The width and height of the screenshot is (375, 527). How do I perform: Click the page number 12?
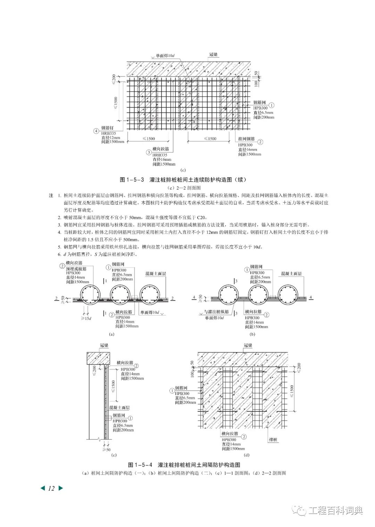(x=51, y=488)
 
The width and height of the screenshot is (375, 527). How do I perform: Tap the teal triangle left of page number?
(x=43, y=488)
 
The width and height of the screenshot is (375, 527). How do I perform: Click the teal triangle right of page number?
(x=61, y=488)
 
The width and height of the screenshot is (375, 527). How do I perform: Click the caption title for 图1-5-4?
(x=184, y=465)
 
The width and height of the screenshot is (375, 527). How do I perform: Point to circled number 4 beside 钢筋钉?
(x=96, y=131)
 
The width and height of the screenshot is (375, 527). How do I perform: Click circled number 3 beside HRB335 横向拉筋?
(x=149, y=152)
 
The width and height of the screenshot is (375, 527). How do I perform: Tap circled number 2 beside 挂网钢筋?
(x=260, y=142)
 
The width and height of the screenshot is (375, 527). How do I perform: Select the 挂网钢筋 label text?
(x=246, y=139)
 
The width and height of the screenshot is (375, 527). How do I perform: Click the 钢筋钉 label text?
(x=107, y=128)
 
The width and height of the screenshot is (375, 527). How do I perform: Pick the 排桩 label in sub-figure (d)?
(x=274, y=440)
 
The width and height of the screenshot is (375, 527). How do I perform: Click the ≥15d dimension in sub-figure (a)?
(x=86, y=319)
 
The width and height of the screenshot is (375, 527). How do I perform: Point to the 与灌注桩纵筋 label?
(x=217, y=312)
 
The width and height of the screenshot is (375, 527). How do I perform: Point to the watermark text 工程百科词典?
(x=335, y=511)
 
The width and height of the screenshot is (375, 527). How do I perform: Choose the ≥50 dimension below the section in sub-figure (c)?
(x=106, y=450)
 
